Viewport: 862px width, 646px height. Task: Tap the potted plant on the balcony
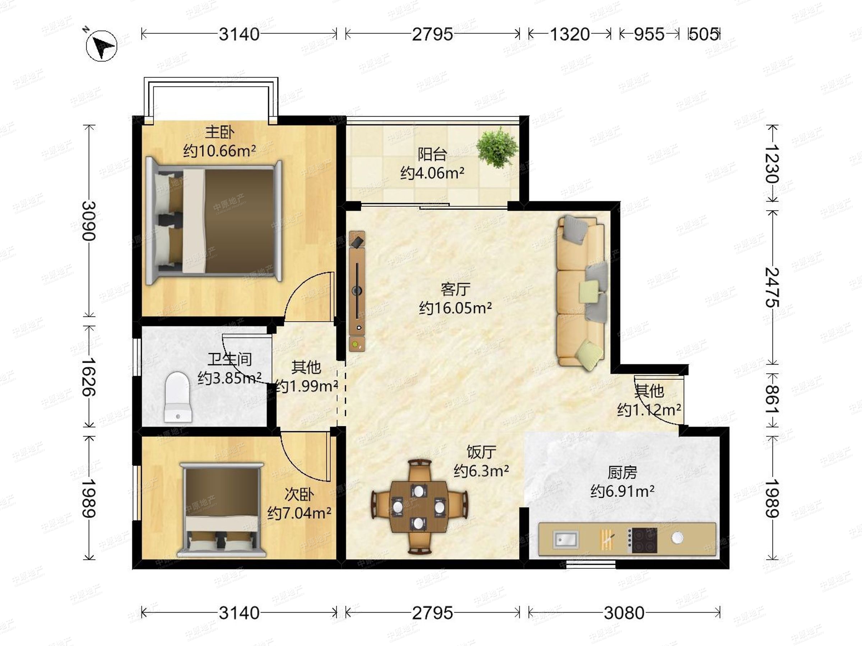497,148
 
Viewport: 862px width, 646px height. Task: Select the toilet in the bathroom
178,397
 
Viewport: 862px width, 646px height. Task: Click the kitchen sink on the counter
566,539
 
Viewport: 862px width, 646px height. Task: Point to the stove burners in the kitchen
643,540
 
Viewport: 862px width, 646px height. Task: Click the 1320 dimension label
569,34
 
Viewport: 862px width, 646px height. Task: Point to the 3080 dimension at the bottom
624,613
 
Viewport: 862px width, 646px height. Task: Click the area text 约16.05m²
455,308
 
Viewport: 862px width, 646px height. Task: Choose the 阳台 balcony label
432,154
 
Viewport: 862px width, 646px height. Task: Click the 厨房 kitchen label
622,472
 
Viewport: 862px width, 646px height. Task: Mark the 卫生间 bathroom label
229,359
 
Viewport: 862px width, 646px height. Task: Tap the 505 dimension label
704,34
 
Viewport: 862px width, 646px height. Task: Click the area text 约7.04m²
299,513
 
